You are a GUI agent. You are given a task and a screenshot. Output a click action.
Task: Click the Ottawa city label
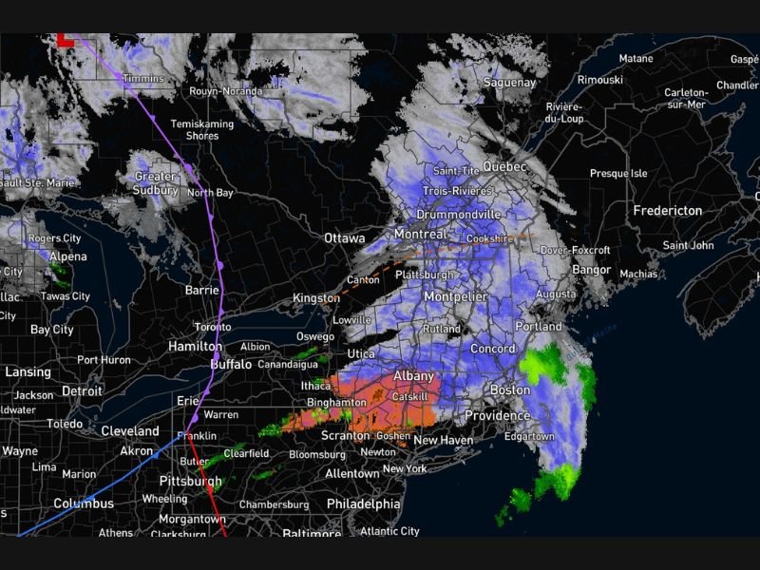pyautogui.click(x=344, y=237)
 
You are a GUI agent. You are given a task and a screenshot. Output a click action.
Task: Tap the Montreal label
pyautogui.click(x=419, y=234)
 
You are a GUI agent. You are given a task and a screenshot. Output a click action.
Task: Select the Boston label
pyautogui.click(x=509, y=390)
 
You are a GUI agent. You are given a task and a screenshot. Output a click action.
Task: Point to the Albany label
pyautogui.click(x=413, y=376)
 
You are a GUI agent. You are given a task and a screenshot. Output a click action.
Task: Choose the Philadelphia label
pyautogui.click(x=363, y=503)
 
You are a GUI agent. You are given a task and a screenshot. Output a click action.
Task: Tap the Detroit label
pyautogui.click(x=81, y=390)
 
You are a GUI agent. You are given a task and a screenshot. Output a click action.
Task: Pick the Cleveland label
pyautogui.click(x=131, y=430)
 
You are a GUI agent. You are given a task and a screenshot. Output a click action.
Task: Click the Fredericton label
pyautogui.click(x=668, y=210)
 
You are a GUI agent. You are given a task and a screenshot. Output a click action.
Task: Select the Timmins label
pyautogui.click(x=143, y=78)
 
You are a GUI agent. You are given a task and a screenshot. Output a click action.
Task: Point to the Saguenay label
pyautogui.click(x=509, y=83)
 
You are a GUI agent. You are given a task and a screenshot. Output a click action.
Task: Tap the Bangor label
pyautogui.click(x=591, y=270)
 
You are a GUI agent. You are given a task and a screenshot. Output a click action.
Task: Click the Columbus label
pyautogui.click(x=84, y=503)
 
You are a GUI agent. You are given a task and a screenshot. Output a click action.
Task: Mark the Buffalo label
pyautogui.click(x=231, y=364)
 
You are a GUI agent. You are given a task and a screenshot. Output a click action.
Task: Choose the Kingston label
pyautogui.click(x=316, y=298)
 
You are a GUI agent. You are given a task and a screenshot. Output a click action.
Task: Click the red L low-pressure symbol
pyautogui.click(x=65, y=40)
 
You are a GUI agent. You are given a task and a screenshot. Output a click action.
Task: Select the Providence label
pyautogui.click(x=497, y=416)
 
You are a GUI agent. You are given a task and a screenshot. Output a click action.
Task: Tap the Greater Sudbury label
pyautogui.click(x=155, y=183)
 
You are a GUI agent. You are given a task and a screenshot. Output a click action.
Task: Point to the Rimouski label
pyautogui.click(x=599, y=80)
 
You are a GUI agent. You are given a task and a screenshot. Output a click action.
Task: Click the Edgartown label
pyautogui.click(x=529, y=436)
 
